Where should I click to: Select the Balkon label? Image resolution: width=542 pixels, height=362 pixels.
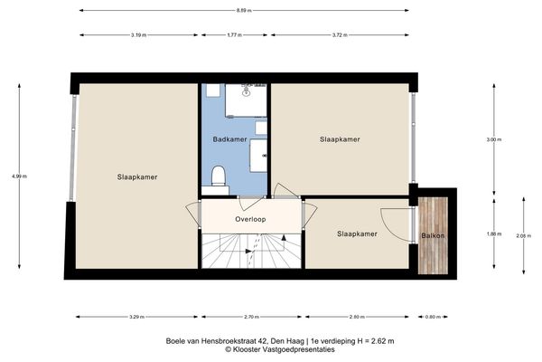click(432, 236)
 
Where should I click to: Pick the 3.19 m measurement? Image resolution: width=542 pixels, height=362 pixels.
click(138, 34)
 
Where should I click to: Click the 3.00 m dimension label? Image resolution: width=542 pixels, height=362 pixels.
click(492, 139)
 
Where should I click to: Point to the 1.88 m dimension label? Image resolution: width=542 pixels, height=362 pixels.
click(492, 233)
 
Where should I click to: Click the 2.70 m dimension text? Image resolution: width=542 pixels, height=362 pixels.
click(251, 317)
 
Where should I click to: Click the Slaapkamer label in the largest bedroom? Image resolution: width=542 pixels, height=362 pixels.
click(137, 177)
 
